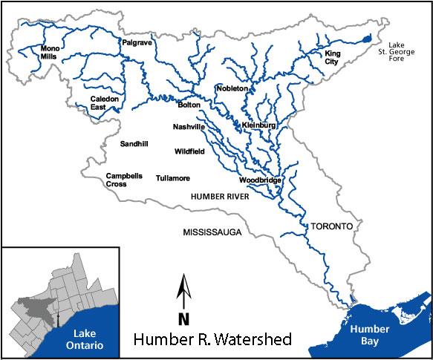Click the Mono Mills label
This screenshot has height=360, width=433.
pyautogui.click(x=53, y=52)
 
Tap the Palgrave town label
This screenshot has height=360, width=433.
pyautogui.click(x=137, y=43)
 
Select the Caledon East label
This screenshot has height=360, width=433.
pyautogui.click(x=105, y=102)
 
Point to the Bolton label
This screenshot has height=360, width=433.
pyautogui.click(x=189, y=105)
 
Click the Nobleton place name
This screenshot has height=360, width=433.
pyautogui.click(x=231, y=88)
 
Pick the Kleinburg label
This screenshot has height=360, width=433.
pyautogui.click(x=259, y=126)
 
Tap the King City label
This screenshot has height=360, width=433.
pyautogui.click(x=331, y=58)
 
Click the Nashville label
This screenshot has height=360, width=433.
pyautogui.click(x=189, y=127)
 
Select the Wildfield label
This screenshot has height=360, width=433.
pyautogui.click(x=189, y=151)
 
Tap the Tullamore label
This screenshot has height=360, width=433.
pyautogui.click(x=173, y=178)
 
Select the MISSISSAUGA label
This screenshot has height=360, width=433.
pyautogui.click(x=212, y=232)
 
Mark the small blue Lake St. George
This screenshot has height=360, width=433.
pyautogui.click(x=365, y=39)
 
